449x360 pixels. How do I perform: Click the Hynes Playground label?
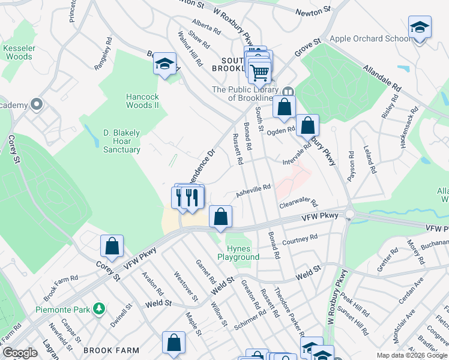pos(243,253)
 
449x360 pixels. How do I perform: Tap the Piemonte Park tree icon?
pos(99,309)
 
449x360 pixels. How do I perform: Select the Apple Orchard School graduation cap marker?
pos(420,28)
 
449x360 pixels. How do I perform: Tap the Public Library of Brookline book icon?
pos(289,92)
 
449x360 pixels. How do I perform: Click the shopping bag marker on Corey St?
pos(112,246)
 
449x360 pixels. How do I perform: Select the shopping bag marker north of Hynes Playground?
pos(221,216)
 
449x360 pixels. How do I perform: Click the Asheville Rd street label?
pos(253,190)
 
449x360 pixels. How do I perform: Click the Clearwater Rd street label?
pos(297,204)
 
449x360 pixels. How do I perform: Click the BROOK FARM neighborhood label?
pos(111,350)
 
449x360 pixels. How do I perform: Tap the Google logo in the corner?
pos(20,353)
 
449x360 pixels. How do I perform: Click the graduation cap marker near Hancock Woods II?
pos(164,64)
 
